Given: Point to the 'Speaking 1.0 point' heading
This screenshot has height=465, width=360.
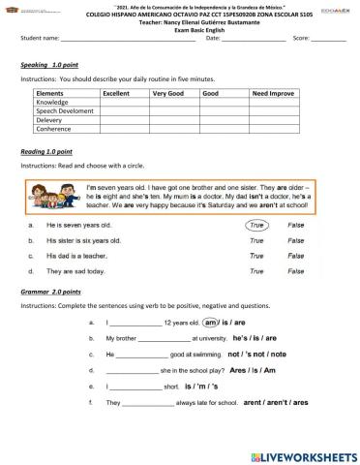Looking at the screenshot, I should (47, 64).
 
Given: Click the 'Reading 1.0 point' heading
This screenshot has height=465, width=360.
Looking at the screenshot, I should (46, 152).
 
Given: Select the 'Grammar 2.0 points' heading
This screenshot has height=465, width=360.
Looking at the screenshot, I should (50, 291).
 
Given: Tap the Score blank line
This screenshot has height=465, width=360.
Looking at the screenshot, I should (328, 39).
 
